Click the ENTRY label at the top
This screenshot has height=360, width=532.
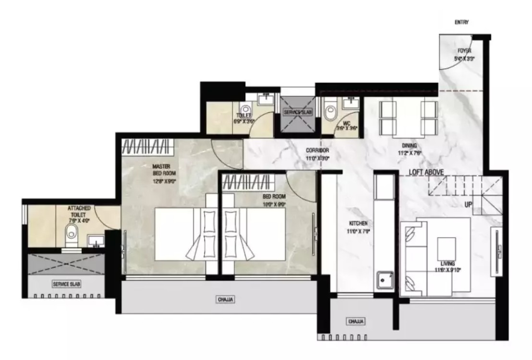(461, 22)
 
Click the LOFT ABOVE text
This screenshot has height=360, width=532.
(426, 172)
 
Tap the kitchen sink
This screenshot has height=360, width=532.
(385, 279)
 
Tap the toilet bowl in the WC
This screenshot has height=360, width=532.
(330, 113)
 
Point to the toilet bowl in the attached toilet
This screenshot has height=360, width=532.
(72, 234)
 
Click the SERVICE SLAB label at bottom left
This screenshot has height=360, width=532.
(66, 284)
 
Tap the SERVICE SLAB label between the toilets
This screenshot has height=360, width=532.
(298, 112)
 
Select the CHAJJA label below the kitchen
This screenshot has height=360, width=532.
(356, 321)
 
